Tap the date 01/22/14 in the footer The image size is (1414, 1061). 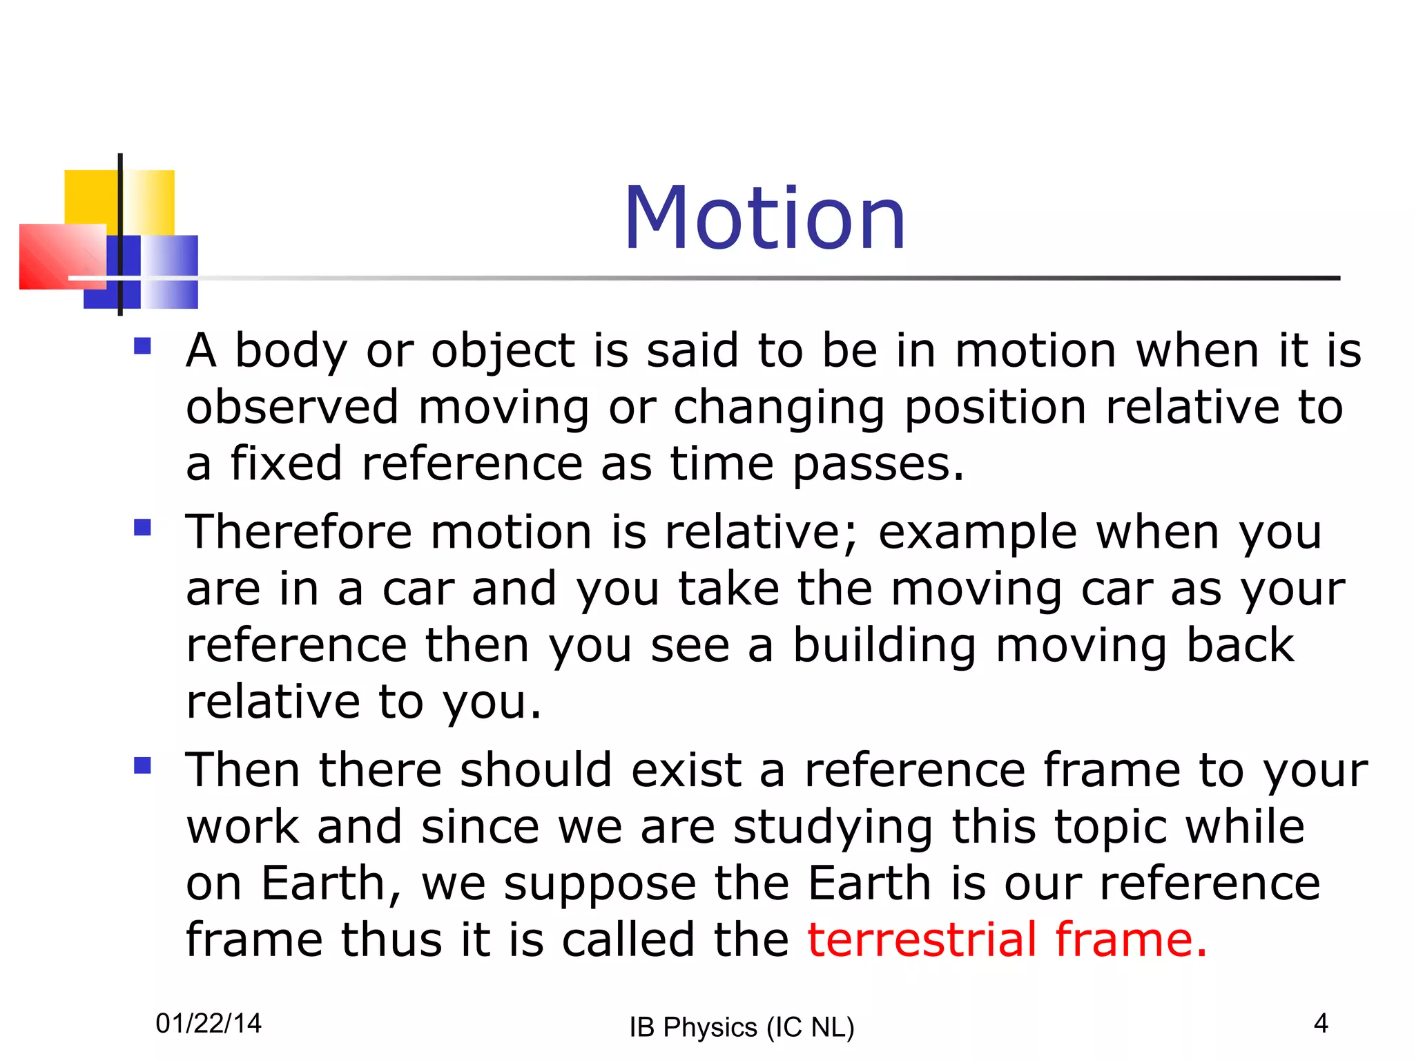(x=209, y=1023)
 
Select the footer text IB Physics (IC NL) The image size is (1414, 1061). (x=742, y=1027)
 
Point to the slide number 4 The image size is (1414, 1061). (x=1321, y=1023)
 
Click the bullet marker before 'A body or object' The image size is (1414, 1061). (x=143, y=345)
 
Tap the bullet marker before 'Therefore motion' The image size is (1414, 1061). (x=143, y=528)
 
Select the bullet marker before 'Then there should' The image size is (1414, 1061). (x=143, y=765)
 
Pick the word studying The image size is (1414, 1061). (x=833, y=827)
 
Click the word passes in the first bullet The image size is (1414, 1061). (x=878, y=463)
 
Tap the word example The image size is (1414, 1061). (x=977, y=533)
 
